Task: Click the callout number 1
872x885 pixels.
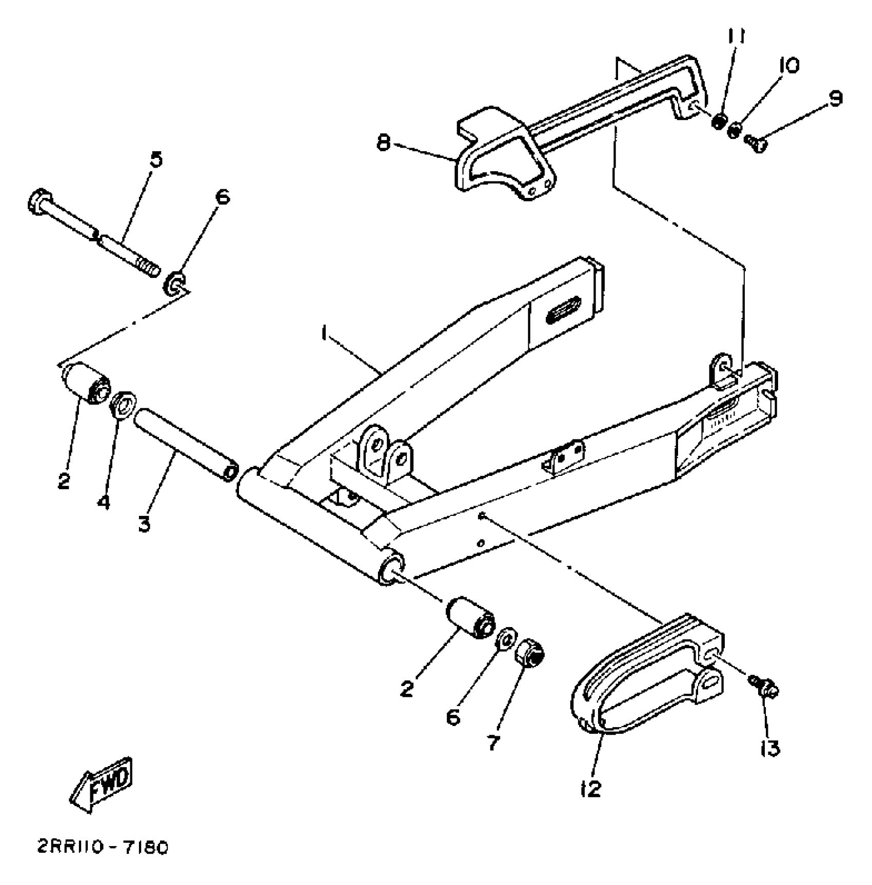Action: [324, 334]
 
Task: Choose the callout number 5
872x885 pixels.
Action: [156, 159]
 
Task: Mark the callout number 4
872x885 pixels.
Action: [104, 502]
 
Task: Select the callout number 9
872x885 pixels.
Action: [836, 98]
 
